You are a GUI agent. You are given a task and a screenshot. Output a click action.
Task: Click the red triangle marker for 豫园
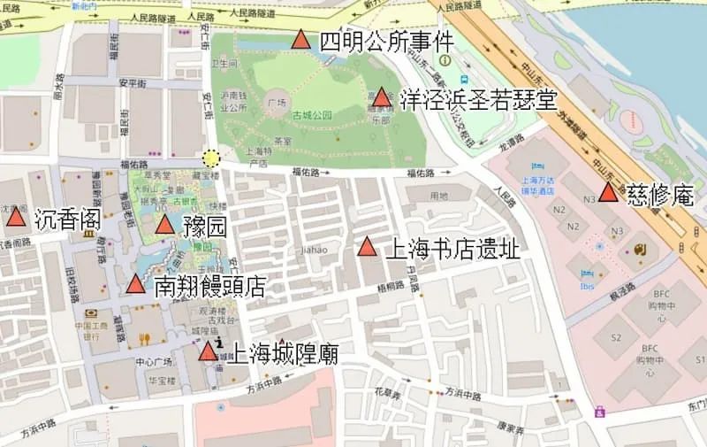click(164, 225)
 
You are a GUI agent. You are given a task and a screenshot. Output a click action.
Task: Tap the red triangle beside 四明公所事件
click(300, 40)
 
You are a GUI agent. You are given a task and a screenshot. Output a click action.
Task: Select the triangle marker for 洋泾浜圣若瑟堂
click(381, 97)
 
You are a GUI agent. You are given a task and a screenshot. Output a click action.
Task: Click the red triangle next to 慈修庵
click(608, 193)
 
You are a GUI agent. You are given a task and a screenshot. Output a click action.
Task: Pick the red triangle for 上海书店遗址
click(368, 248)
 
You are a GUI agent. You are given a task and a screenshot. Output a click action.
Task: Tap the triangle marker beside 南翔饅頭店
click(135, 285)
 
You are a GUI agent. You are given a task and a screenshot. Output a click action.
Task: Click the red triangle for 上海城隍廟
click(208, 352)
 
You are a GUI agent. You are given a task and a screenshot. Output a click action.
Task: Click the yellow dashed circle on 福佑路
click(210, 158)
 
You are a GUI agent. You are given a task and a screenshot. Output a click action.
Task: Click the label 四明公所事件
click(386, 41)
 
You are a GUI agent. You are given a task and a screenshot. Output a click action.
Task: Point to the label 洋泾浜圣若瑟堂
click(478, 98)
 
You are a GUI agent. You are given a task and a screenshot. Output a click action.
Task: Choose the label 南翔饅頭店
click(209, 286)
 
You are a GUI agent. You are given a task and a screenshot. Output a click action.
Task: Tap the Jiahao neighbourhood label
click(314, 250)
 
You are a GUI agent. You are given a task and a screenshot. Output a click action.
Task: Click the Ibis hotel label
click(588, 285)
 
